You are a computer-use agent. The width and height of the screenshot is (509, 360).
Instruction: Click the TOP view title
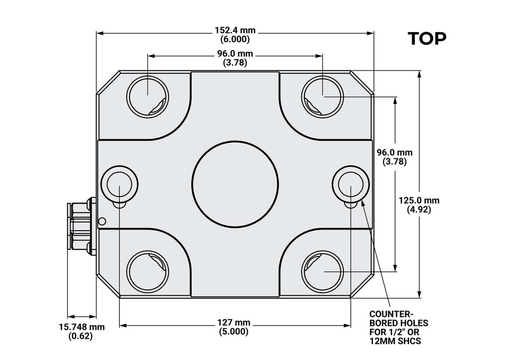coord(427,39)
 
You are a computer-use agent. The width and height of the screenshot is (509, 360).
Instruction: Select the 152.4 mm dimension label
coord(235,30)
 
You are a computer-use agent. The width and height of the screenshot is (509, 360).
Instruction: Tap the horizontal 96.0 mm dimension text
coord(235,53)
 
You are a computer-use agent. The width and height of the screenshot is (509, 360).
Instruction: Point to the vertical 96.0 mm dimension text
coord(395,152)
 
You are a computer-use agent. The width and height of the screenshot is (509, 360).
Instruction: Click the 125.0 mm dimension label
coord(419,201)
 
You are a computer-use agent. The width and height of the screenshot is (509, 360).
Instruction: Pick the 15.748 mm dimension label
coord(82,327)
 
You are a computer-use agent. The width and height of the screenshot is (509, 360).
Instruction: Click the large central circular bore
coord(235,185)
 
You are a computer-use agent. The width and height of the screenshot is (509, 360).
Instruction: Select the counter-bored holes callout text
coord(399,328)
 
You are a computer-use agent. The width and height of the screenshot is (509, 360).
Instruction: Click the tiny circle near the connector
coord(102,221)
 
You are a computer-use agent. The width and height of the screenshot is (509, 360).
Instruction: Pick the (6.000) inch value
coord(235,39)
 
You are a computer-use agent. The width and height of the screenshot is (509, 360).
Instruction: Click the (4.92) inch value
coord(419,210)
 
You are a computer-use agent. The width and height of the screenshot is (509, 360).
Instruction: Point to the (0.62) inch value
coord(81,336)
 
